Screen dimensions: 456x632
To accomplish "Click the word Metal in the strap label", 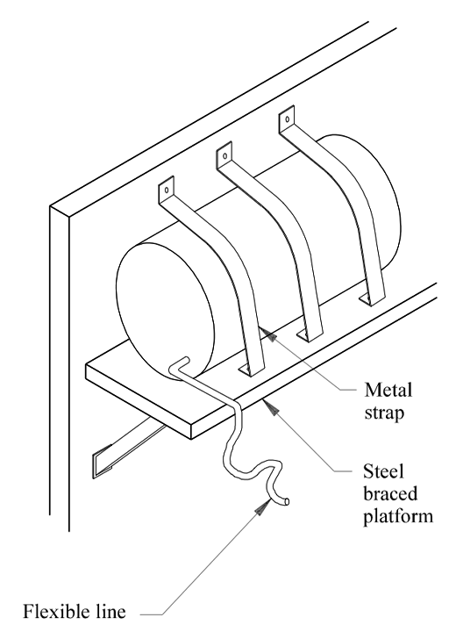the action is point(388,390).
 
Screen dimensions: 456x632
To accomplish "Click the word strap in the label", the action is point(384,413).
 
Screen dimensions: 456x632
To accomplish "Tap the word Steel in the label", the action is point(382,470).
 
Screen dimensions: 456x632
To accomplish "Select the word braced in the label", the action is point(390,493).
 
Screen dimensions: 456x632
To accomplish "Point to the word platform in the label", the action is point(398,517).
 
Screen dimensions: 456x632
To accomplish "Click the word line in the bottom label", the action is point(111,611).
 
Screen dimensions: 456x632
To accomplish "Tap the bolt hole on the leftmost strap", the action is point(165,190).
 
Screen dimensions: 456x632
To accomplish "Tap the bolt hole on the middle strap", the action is point(225,155).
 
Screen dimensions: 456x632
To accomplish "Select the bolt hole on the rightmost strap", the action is point(288,119).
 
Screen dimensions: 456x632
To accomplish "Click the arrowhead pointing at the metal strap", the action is point(269,334).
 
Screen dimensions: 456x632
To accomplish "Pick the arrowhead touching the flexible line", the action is point(263,506).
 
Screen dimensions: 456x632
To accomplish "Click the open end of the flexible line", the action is point(286,502).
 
